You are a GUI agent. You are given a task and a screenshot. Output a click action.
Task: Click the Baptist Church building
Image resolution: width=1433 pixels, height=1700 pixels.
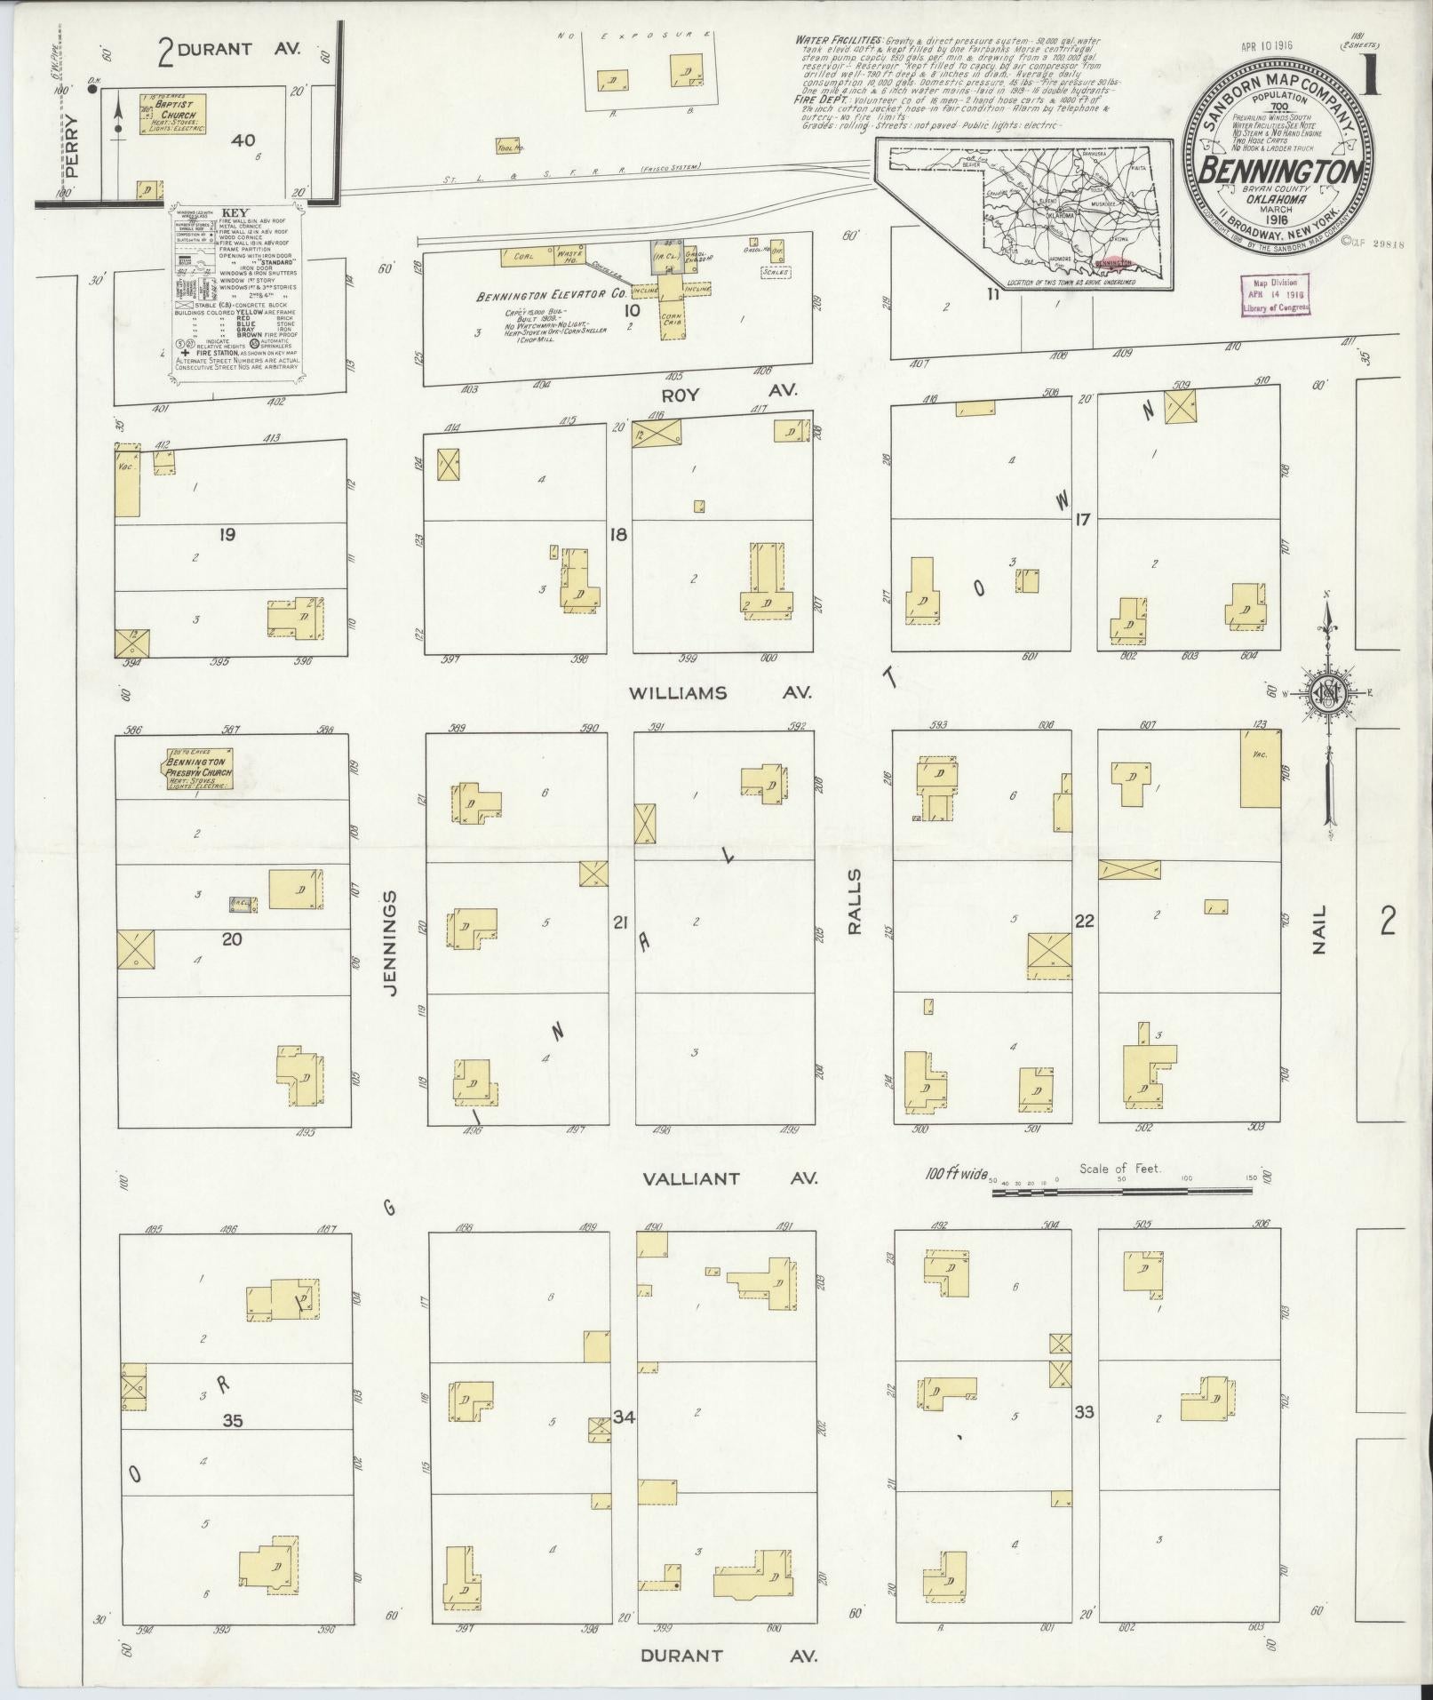(174, 115)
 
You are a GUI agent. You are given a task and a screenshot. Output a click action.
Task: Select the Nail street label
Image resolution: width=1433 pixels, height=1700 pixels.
(1319, 930)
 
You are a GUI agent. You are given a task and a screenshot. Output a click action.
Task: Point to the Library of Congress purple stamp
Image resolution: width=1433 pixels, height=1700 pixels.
(1272, 292)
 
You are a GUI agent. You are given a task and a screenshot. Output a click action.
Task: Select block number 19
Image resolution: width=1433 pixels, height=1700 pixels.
(227, 535)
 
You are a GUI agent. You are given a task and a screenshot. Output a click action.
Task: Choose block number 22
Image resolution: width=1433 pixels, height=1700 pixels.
(1084, 922)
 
